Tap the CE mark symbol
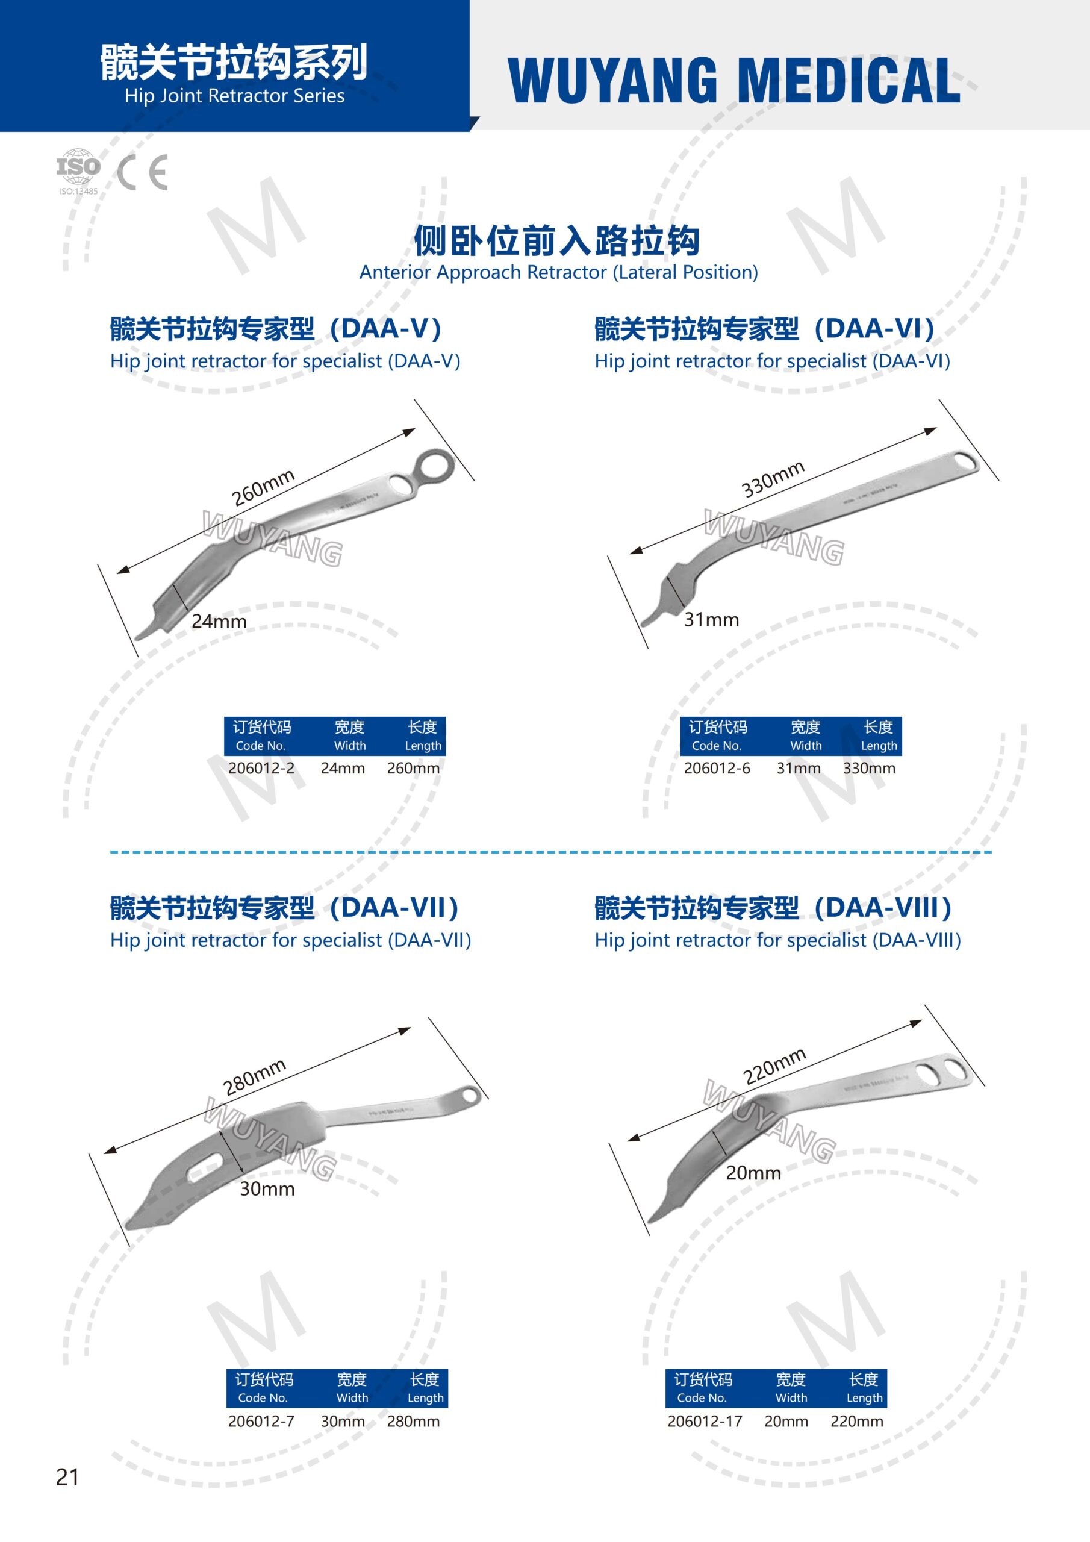[x=142, y=173]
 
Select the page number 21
[x=67, y=1477]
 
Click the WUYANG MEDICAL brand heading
[x=735, y=81]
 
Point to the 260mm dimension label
[x=263, y=487]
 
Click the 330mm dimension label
[x=773, y=479]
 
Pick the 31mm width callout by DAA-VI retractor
[x=711, y=619]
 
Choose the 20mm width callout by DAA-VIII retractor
[x=753, y=1173]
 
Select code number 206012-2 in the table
[x=261, y=767]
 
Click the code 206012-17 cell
[x=705, y=1421]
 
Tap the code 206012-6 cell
[x=717, y=767]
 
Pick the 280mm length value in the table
[x=413, y=1421]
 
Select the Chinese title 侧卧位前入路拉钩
[x=557, y=241]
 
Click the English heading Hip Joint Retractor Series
[x=234, y=96]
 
